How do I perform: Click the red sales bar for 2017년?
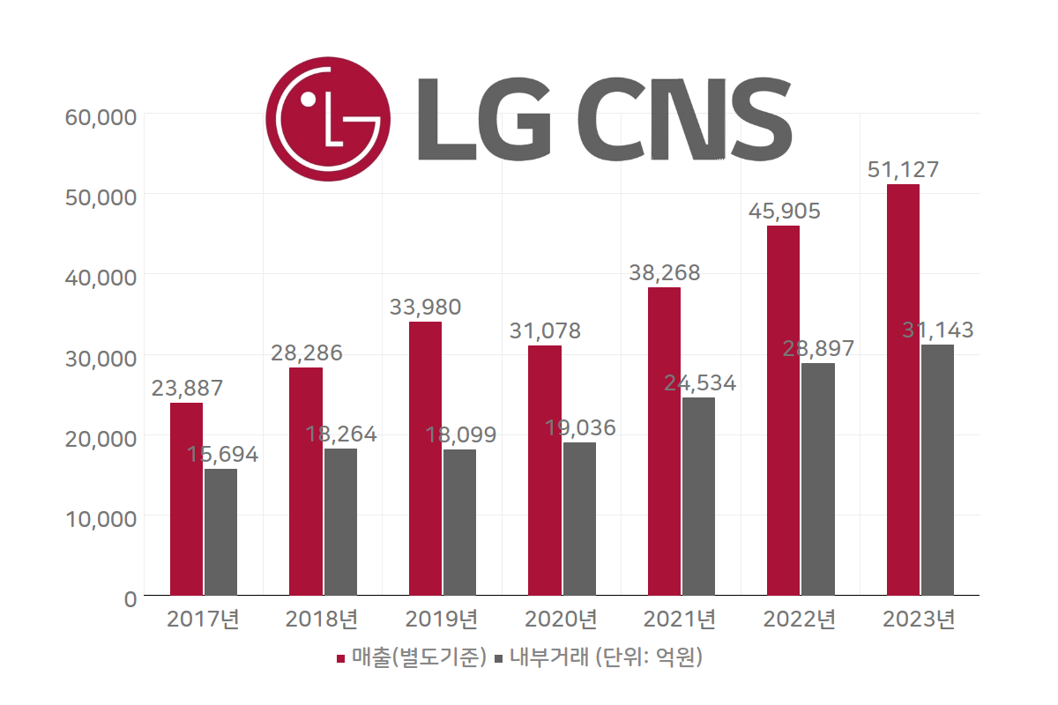pyautogui.click(x=186, y=499)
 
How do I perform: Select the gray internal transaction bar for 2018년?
pyautogui.click(x=340, y=522)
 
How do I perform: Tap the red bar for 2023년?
pyautogui.click(x=903, y=390)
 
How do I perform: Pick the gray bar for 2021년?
pyautogui.click(x=698, y=496)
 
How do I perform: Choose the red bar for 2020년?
pyautogui.click(x=544, y=470)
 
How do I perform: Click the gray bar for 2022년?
pyautogui.click(x=817, y=479)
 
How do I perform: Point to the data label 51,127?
pyautogui.click(x=903, y=170)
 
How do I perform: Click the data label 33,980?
pyautogui.click(x=425, y=308)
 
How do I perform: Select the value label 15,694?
pyautogui.click(x=222, y=455)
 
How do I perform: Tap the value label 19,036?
pyautogui.click(x=580, y=428)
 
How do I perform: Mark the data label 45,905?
pyautogui.click(x=784, y=211)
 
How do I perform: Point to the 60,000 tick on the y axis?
pyautogui.click(x=101, y=116)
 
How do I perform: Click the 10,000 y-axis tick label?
pyautogui.click(x=101, y=517)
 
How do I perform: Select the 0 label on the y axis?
pyautogui.click(x=130, y=598)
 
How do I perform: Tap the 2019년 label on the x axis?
pyautogui.click(x=441, y=620)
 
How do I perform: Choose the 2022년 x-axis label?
pyautogui.click(x=799, y=620)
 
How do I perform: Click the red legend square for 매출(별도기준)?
pyautogui.click(x=341, y=658)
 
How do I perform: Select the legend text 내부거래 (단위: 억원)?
pyautogui.click(x=604, y=657)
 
